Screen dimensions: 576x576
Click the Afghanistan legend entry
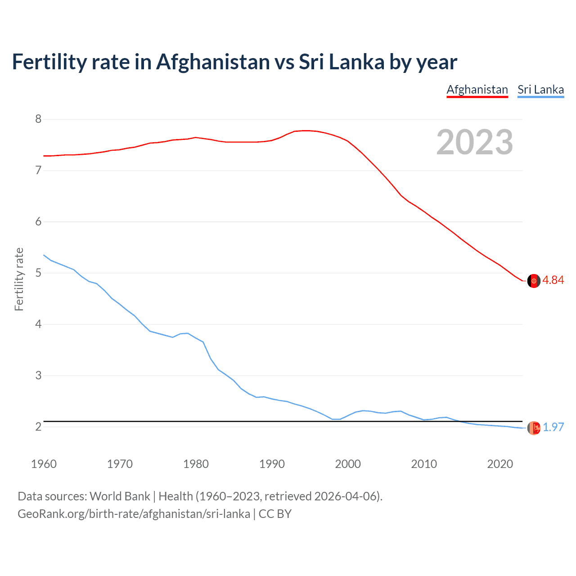click(x=477, y=90)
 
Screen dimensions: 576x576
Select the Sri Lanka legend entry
click(x=540, y=90)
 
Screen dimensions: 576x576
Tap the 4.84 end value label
click(x=553, y=280)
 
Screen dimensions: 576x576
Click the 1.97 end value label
click(x=553, y=427)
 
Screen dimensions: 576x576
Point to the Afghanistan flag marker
click(x=534, y=280)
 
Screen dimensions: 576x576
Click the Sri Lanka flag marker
click(x=534, y=428)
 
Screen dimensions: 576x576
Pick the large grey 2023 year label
click(x=474, y=142)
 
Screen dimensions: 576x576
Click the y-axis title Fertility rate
click(x=19, y=279)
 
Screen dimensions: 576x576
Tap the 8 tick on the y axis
click(x=38, y=119)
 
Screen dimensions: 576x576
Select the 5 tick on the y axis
click(x=38, y=273)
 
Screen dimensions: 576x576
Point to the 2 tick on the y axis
click(x=38, y=427)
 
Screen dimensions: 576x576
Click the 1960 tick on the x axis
click(x=44, y=464)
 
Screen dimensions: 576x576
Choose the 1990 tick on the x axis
click(x=272, y=464)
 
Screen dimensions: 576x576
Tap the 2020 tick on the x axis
click(x=500, y=464)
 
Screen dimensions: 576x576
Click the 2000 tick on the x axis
click(x=348, y=464)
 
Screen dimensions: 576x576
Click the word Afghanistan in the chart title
click(x=212, y=62)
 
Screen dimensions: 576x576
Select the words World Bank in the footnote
click(x=120, y=496)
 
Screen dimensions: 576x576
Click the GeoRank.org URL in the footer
click(x=134, y=513)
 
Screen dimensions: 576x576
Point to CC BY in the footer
click(x=275, y=513)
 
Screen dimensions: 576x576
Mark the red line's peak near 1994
click(x=306, y=130)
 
